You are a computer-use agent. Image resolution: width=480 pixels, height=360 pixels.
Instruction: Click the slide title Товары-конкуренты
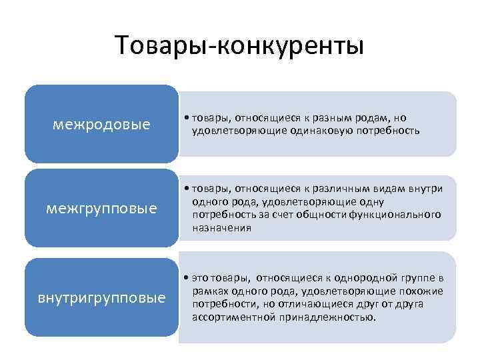(239, 46)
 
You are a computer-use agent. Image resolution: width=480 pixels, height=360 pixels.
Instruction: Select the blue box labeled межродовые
(101, 125)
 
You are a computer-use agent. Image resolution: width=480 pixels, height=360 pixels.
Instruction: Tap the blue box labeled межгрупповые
(101, 209)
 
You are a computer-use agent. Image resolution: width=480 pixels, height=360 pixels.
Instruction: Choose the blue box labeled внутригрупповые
(101, 297)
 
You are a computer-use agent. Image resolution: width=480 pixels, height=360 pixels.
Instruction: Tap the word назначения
(221, 227)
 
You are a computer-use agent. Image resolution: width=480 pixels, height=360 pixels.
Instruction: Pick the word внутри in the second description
(429, 189)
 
